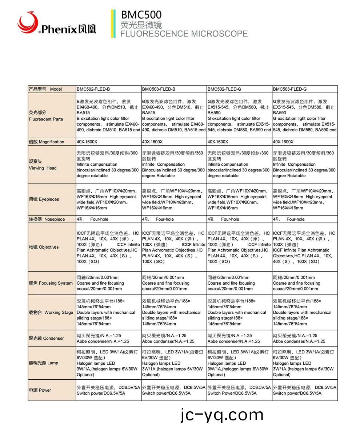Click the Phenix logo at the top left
[x=56, y=24]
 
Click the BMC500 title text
[x=141, y=15]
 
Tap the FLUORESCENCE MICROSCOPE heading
[x=184, y=34]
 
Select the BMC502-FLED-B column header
[x=93, y=89]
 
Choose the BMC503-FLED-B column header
[x=159, y=89]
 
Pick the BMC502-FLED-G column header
[x=224, y=89]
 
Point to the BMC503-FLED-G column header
[x=290, y=89]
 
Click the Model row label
[x=45, y=89]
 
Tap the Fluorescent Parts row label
[x=46, y=116]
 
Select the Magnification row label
[x=47, y=142]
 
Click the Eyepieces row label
[x=44, y=199]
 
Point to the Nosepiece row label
[x=47, y=220]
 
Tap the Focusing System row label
[x=51, y=283]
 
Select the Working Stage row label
[x=51, y=312]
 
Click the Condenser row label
[x=46, y=339]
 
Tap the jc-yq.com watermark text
[x=222, y=415]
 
